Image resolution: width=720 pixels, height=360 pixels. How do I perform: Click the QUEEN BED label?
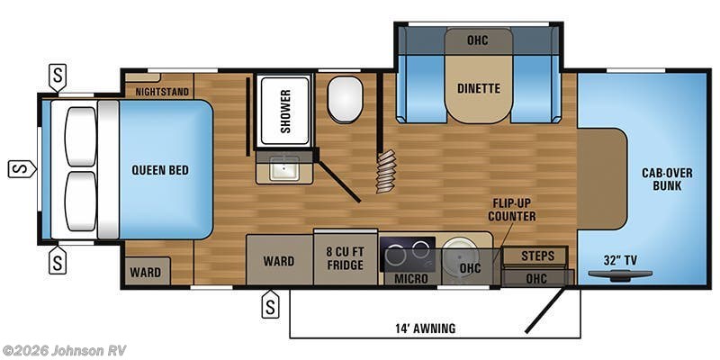pyautogui.click(x=159, y=169)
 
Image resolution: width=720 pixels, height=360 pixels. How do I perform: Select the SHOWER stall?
pyautogui.click(x=284, y=112)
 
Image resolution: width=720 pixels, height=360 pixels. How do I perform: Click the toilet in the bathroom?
pyautogui.click(x=344, y=100)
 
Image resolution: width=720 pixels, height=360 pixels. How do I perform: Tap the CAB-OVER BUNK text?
pyautogui.click(x=661, y=179)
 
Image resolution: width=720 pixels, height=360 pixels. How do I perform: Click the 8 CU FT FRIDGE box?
pyautogui.click(x=346, y=257)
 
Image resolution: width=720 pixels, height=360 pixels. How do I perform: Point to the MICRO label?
pyautogui.click(x=411, y=279)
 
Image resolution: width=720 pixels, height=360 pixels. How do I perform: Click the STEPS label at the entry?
pyautogui.click(x=537, y=256)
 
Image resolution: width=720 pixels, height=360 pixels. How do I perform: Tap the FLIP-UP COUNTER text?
pyautogui.click(x=512, y=210)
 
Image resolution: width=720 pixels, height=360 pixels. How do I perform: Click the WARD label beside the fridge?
pyautogui.click(x=279, y=261)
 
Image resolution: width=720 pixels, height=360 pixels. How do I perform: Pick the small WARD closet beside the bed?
pyautogui.click(x=146, y=272)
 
